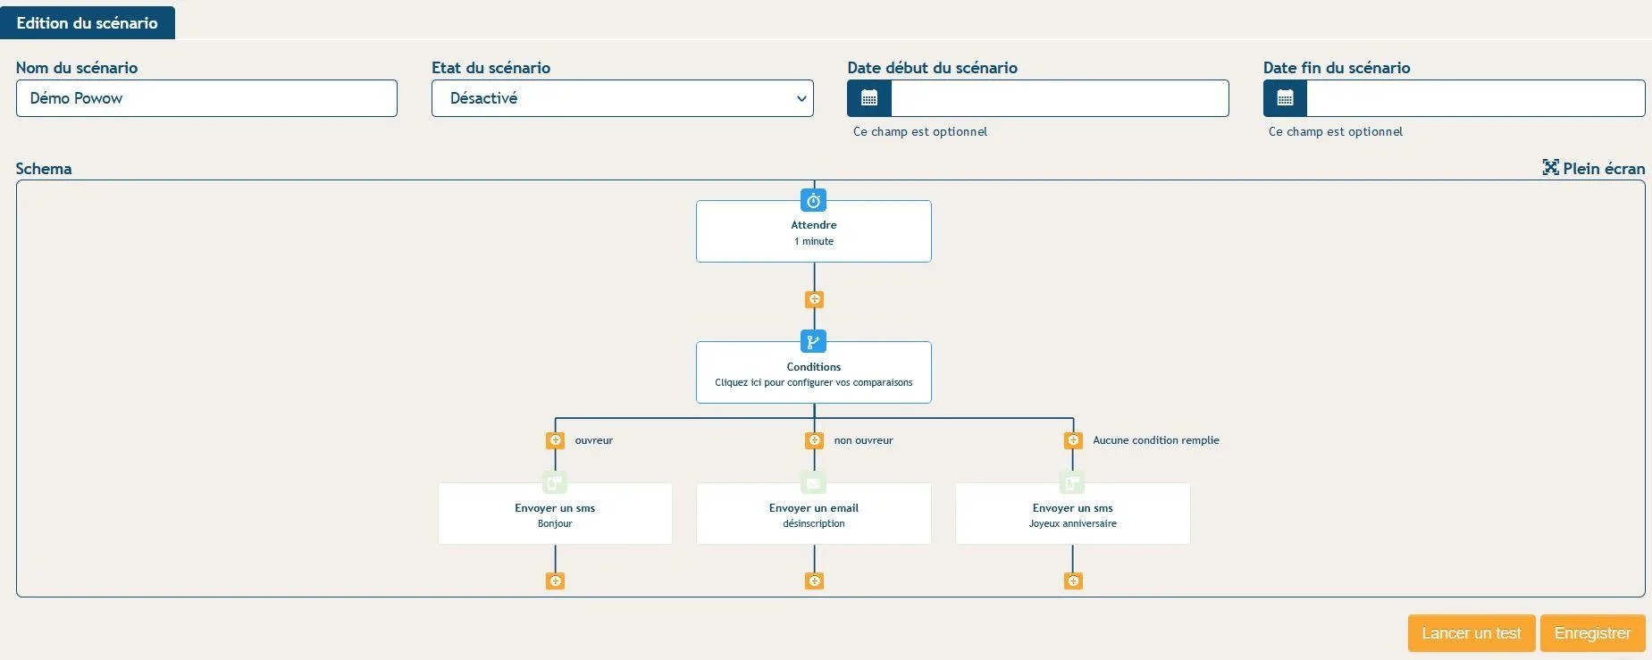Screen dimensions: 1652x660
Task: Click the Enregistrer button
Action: pos(1592,633)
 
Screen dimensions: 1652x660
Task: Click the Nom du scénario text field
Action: pos(206,98)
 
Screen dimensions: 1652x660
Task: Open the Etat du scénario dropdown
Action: pos(622,98)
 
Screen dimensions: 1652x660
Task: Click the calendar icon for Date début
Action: pos(868,98)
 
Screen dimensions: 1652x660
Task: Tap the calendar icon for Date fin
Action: pos(1285,98)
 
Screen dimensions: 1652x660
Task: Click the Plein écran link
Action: pos(1593,168)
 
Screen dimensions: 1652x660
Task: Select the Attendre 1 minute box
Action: pos(814,232)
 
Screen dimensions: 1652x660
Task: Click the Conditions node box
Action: pos(814,373)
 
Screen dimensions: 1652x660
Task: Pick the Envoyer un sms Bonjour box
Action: pos(555,514)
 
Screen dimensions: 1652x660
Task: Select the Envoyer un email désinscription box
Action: pos(814,514)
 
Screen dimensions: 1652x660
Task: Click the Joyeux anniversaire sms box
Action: pos(1073,514)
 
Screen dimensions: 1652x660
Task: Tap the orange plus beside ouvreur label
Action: pos(555,440)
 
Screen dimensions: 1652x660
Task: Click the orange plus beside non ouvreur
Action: pos(814,440)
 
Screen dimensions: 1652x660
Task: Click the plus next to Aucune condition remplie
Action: pos(1073,440)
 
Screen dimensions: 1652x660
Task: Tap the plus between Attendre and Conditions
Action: pos(814,299)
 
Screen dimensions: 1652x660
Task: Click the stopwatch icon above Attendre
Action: pos(814,200)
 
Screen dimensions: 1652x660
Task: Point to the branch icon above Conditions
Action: pos(814,341)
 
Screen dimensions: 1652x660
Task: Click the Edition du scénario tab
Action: pos(88,23)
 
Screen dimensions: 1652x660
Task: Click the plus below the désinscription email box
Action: pos(814,581)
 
